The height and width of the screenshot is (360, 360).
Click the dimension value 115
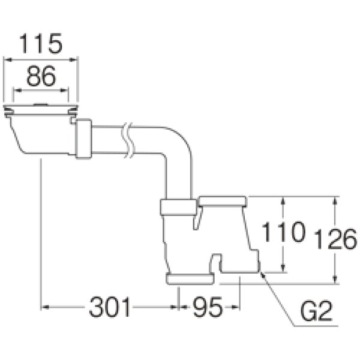pos(41,43)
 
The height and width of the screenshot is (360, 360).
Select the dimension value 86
pos(41,76)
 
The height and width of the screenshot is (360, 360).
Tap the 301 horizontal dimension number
pos(110,307)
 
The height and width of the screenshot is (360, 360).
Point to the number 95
pos(208,307)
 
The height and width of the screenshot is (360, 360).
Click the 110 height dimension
pos(283,232)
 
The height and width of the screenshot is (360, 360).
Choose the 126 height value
pos(335,239)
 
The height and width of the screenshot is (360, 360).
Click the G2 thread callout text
pos(316,311)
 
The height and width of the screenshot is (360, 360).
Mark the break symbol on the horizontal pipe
pos(128,140)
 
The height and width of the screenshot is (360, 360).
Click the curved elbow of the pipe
pos(178,140)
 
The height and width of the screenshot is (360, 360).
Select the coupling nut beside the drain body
pos(84,139)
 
